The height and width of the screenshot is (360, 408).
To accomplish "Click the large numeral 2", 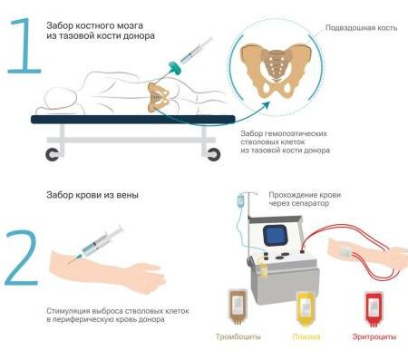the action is pos(22,258).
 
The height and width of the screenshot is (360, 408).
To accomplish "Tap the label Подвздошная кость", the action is pos(361,28).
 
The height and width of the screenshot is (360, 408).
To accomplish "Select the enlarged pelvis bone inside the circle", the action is pos(276,71).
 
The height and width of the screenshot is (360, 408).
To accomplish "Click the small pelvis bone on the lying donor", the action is pos(158,97).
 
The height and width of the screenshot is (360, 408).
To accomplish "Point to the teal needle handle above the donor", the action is pos(175,66).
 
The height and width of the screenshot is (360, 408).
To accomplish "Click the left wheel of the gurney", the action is pos(53,155).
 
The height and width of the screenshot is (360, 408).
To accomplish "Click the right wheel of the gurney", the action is pos(213,155).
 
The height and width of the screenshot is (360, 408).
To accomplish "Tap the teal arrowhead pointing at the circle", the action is pos(266,105).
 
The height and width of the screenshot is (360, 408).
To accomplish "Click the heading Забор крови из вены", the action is pos(92,195).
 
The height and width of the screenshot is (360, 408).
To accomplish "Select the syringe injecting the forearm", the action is pos(97,244).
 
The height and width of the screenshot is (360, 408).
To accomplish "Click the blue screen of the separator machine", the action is pos(275,235).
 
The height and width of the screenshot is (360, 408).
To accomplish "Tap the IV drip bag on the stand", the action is pos(241,200).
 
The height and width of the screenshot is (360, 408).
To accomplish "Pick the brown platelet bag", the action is pos(238,306).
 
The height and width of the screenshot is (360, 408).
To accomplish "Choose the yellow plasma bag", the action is pos(306,308).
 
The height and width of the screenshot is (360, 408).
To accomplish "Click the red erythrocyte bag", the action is pos(374,308).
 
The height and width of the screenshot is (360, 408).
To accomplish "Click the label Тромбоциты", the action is pos(238,336).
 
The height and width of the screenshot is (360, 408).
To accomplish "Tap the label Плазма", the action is pos(306,336).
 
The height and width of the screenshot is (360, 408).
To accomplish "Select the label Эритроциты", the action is pos(374,336).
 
